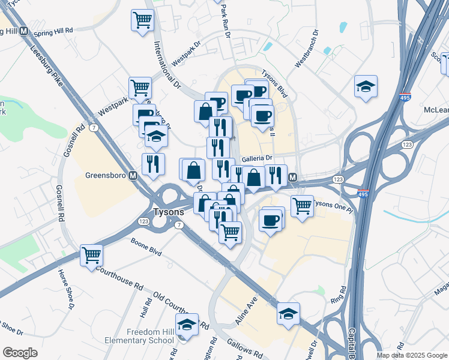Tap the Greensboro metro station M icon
point(134,176)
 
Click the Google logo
point(20,352)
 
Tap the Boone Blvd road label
point(146,246)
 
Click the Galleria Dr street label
point(258,159)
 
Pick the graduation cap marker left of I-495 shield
point(366,86)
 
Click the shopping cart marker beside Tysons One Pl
point(302,205)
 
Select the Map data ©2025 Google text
point(412,355)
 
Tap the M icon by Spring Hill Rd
point(24,31)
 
